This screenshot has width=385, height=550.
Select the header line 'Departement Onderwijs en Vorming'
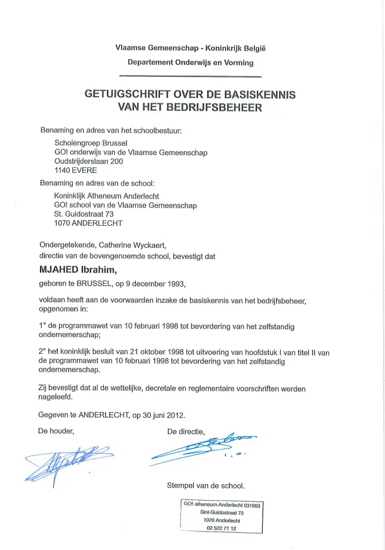[190, 62]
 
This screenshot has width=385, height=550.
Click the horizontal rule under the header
[190, 76]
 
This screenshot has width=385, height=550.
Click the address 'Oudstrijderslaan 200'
[89, 161]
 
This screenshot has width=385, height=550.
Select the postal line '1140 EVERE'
[76, 170]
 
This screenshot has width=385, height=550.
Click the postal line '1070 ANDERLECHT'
[88, 223]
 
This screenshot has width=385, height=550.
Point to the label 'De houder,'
[56, 431]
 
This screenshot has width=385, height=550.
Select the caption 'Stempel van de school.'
[206, 485]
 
